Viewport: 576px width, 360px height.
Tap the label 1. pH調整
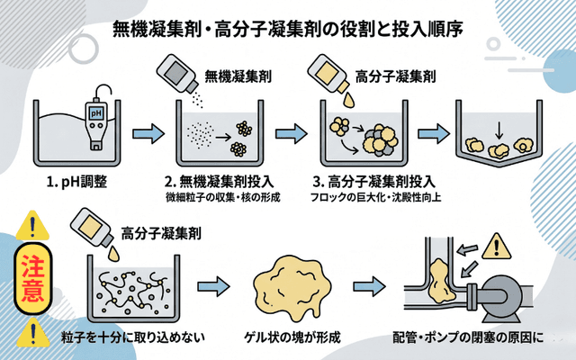click(76, 182)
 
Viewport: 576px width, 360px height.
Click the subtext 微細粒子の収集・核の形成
click(218, 197)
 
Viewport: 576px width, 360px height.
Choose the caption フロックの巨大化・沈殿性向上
click(368, 197)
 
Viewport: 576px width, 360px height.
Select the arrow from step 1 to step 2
click(148, 135)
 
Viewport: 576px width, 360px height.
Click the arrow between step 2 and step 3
click(292, 135)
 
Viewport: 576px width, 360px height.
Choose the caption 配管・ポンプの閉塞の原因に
click(468, 338)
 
